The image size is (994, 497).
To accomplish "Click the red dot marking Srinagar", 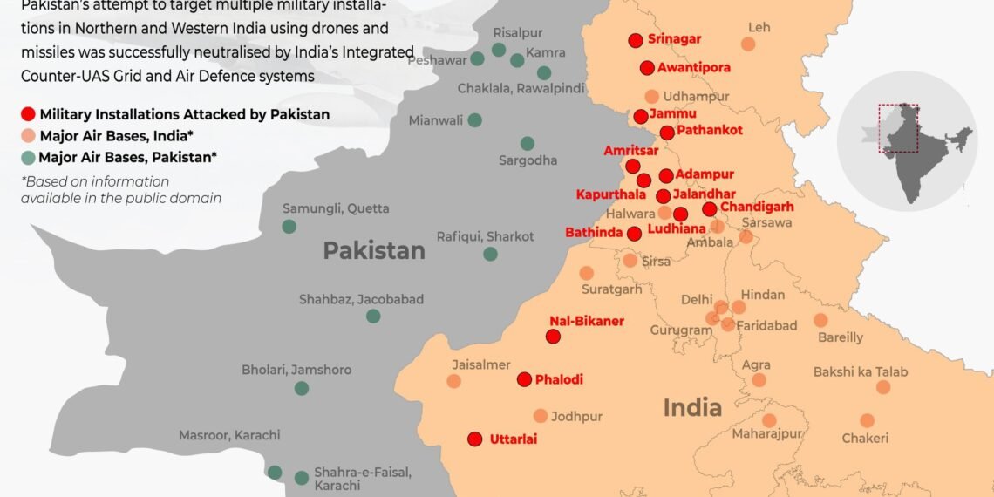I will (x=636, y=39).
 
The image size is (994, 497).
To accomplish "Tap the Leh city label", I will (x=759, y=28).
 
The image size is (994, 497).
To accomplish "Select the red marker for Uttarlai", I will (x=475, y=439).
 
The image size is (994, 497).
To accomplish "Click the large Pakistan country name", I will (x=374, y=251).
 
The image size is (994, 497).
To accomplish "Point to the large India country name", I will (x=692, y=407).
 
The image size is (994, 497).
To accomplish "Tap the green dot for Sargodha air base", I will (x=528, y=143).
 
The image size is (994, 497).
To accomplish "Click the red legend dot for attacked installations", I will (x=29, y=114).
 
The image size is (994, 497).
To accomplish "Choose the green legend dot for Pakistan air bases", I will (x=29, y=158).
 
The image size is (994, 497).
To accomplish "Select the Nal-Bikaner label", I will (x=587, y=321).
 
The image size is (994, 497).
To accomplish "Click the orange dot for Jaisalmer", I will (x=453, y=381).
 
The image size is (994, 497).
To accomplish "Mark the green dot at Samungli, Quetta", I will (x=289, y=227).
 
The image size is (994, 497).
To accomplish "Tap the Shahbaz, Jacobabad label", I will (x=361, y=299).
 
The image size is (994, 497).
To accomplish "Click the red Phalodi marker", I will (x=524, y=379).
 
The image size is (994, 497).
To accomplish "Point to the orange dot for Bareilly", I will (x=820, y=320).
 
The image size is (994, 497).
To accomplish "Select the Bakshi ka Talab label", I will (x=861, y=372).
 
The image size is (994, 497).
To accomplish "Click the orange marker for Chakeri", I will (x=867, y=420).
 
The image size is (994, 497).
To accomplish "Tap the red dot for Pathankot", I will (x=667, y=133).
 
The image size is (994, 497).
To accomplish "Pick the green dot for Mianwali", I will (x=474, y=120).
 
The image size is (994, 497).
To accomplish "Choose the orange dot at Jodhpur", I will (x=541, y=416).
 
